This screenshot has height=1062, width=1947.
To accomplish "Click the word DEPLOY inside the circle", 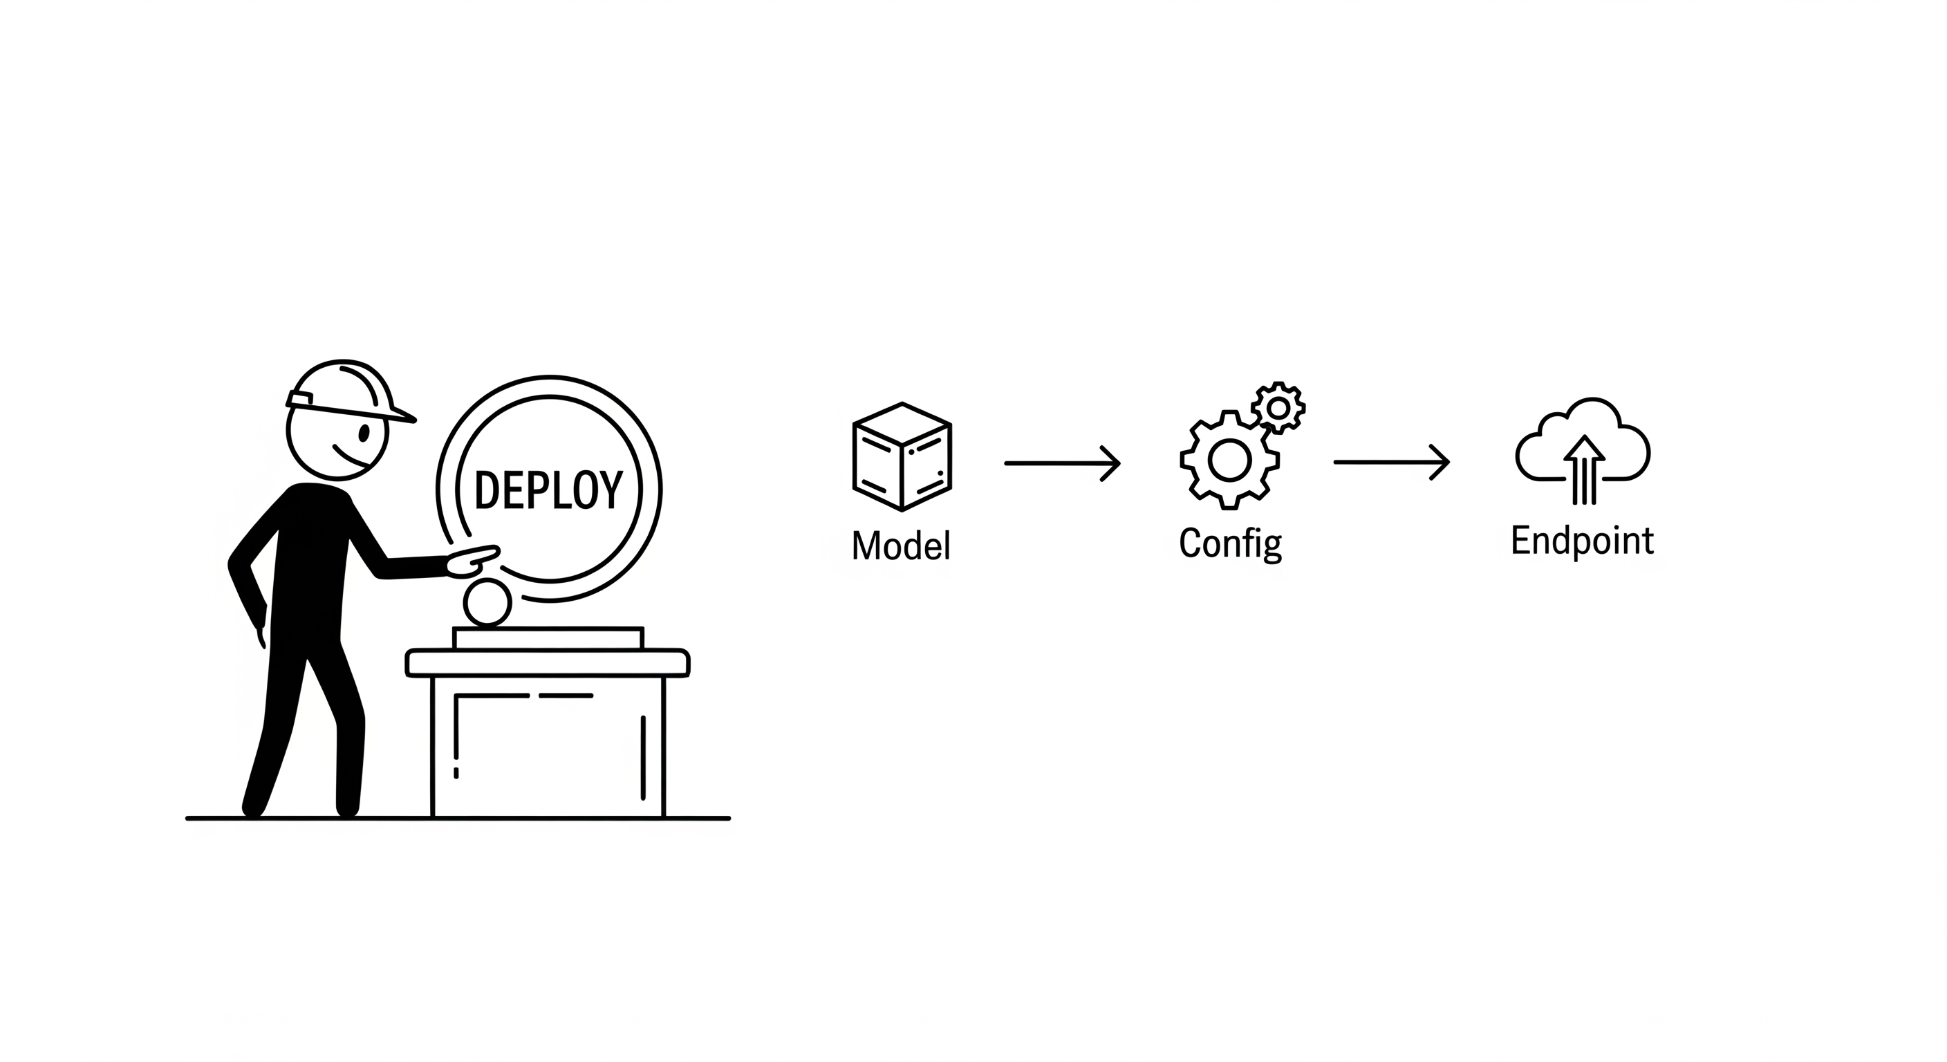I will [x=548, y=490].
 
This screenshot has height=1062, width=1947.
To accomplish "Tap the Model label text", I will [x=901, y=545].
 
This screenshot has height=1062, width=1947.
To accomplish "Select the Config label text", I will [x=1230, y=543].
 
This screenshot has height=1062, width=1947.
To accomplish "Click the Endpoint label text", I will [x=1582, y=541].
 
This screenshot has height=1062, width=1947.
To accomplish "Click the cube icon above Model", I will [x=902, y=456].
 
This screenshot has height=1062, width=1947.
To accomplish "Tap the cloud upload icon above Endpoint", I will [x=1583, y=449].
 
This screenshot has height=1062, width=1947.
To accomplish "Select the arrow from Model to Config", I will [x=1062, y=463].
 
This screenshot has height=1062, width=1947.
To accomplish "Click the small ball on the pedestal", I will [x=487, y=603].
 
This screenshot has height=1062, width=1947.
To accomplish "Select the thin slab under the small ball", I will [x=548, y=638].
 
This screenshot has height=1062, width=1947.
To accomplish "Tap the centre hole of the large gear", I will [x=1230, y=460].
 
